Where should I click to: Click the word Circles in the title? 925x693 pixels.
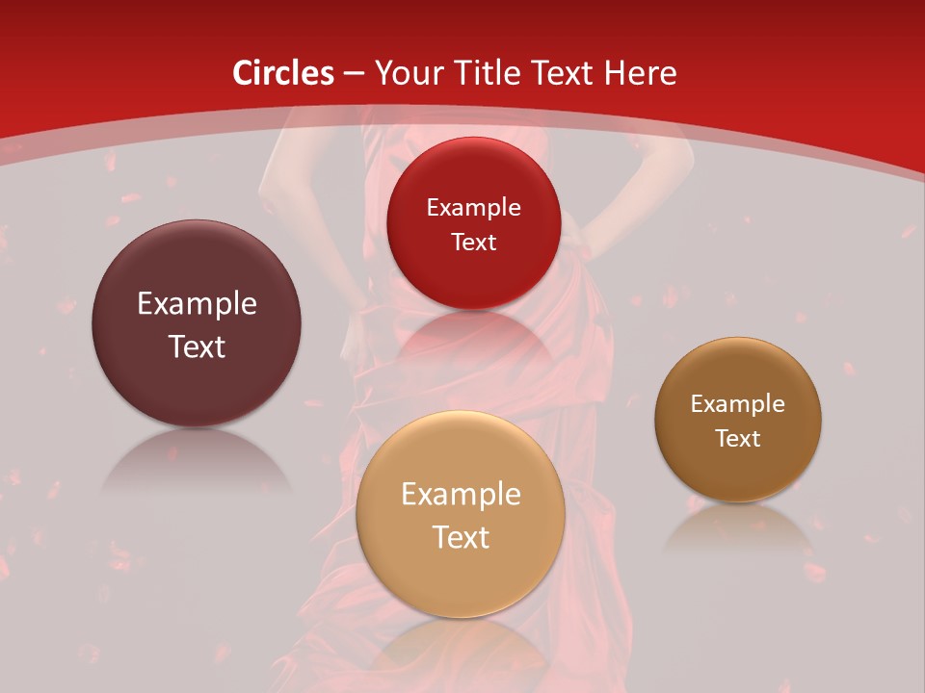(283, 73)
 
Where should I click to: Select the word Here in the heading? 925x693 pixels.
(641, 73)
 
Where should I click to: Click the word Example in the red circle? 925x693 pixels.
(473, 208)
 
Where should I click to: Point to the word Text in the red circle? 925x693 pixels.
(473, 243)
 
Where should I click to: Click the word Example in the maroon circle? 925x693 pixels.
(197, 304)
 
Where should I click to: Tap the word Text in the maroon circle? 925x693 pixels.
(197, 346)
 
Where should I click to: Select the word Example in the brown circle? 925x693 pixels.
(738, 404)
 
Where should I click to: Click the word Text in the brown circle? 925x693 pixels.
(738, 439)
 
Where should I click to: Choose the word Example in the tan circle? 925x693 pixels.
(461, 495)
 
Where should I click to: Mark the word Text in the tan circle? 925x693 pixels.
(461, 537)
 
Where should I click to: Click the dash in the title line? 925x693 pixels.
(354, 74)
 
